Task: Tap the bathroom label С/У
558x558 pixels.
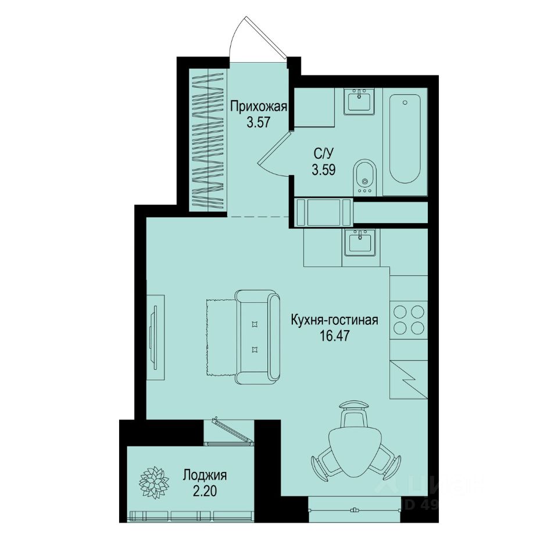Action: click(x=324, y=154)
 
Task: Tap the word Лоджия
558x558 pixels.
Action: click(x=205, y=474)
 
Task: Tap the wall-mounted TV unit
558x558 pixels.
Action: click(x=155, y=337)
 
